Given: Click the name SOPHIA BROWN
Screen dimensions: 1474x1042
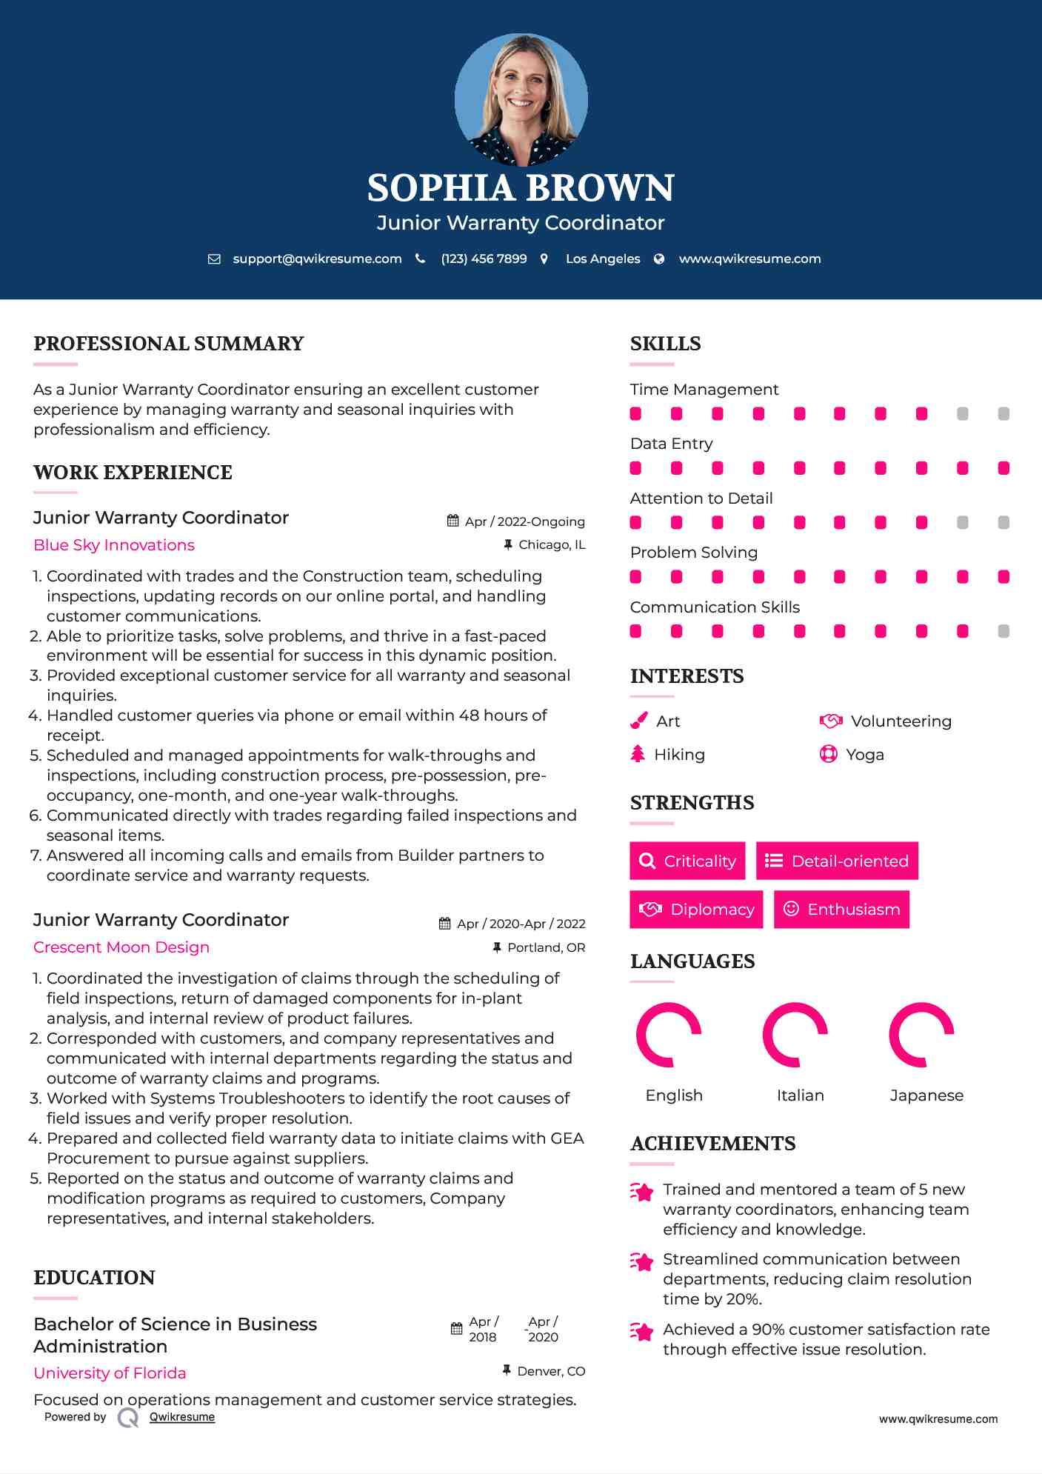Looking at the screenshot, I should pos(521,188).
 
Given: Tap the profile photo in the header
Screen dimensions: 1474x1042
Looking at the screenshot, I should pos(521,99).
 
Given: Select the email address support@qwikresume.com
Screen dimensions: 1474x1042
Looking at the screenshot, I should pos(317,259).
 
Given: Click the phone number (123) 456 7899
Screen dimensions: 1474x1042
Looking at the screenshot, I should pos(484,259).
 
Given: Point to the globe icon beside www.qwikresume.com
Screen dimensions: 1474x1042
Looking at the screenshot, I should pos(659,259).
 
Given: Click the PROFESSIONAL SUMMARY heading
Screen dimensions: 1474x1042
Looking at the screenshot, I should pos(169,344).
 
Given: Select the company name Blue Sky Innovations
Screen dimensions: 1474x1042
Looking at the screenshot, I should pos(114,545).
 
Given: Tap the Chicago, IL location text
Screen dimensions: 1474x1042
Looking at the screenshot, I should pos(552,545).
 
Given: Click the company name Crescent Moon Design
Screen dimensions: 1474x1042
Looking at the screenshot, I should pos(121,947).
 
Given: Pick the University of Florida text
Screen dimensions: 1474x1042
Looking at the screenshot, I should pos(110,1373).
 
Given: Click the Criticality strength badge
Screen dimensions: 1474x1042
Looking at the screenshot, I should pos(687,861).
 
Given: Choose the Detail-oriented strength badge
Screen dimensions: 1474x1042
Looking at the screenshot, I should pos(837,861).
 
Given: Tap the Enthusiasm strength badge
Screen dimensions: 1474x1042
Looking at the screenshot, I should pos(841,909).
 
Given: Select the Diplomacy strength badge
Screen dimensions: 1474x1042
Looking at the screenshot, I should pos(696,909).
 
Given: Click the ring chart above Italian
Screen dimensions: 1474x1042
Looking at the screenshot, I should pos(795,1035).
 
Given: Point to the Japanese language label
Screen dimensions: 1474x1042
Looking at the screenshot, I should pos(926,1096).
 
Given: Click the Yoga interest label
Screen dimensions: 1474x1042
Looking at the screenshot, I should pos(865,755).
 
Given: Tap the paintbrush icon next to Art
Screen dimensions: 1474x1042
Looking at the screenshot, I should pos(638,721).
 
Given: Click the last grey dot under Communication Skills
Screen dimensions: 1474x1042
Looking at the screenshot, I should pos(1003,631).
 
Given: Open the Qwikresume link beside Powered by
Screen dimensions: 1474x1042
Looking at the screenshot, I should pos(182,1417).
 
